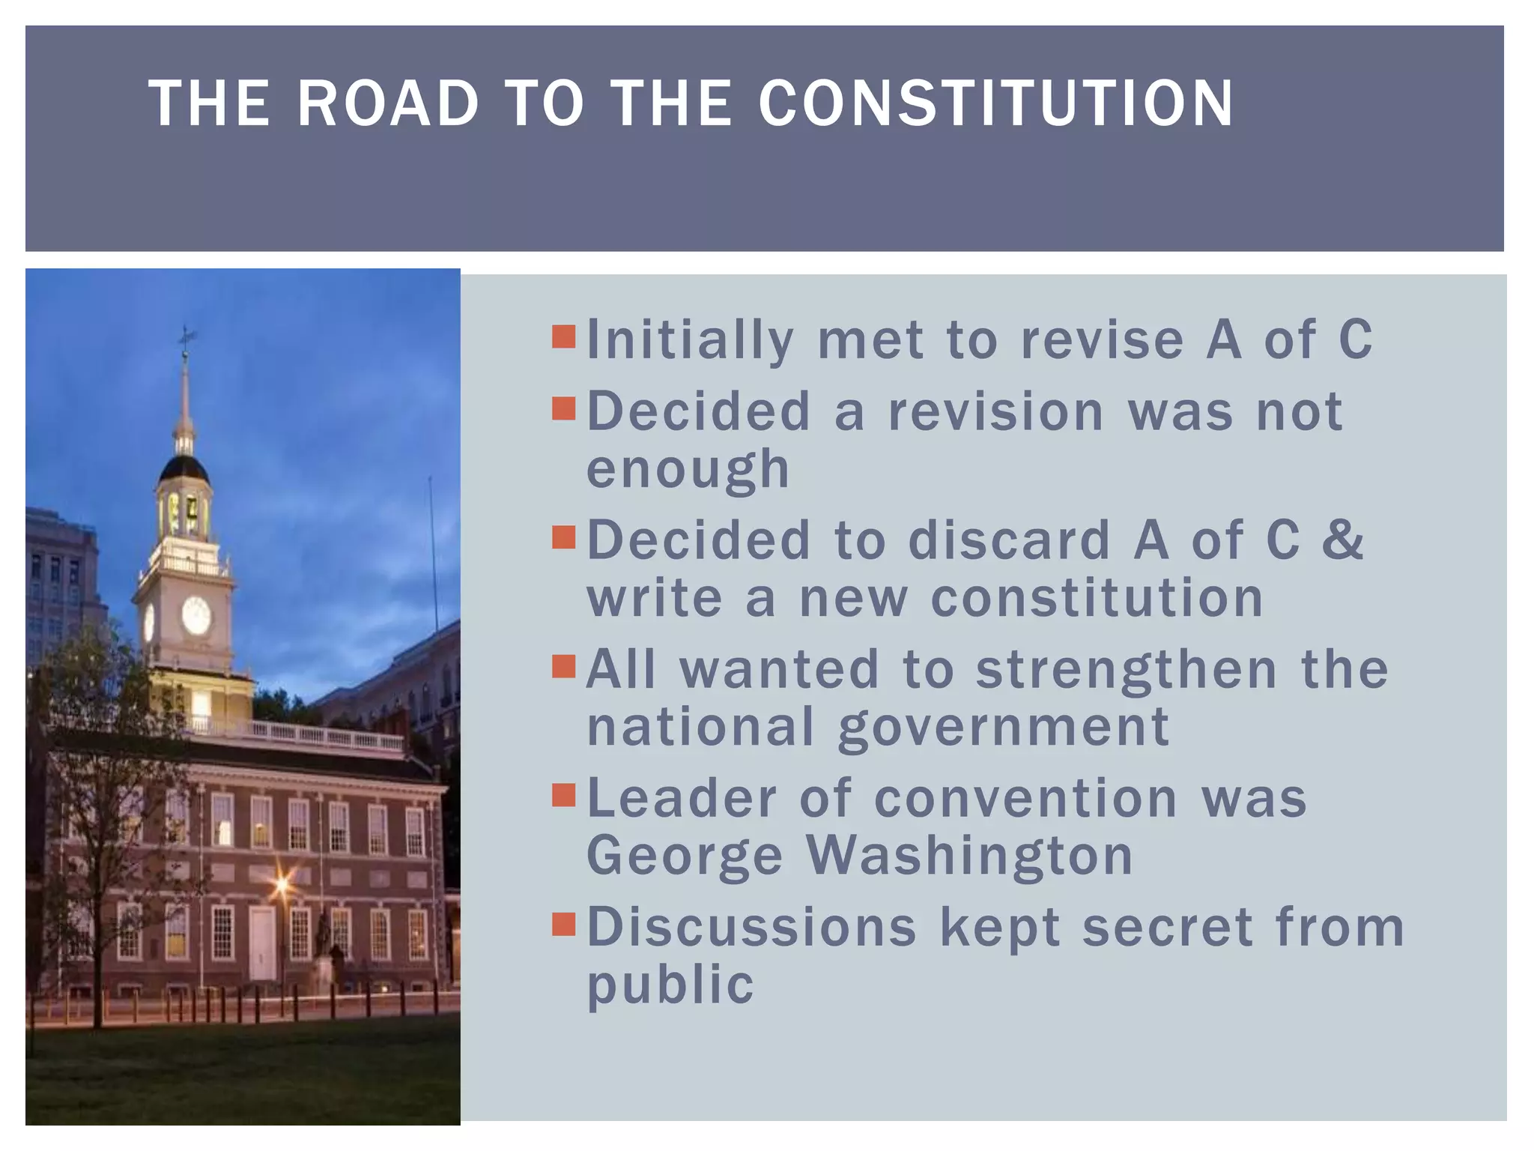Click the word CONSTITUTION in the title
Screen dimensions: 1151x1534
[995, 103]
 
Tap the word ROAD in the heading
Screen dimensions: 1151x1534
[387, 103]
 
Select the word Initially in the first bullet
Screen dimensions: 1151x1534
[689, 340]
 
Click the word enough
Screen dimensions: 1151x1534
[688, 470]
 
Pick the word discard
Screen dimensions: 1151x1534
[1009, 540]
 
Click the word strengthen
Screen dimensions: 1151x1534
[1127, 669]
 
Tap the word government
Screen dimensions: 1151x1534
[1003, 727]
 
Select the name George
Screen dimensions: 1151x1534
[685, 855]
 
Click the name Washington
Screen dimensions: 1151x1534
[970, 855]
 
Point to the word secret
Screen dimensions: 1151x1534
[1167, 927]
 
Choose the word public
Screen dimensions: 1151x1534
[670, 985]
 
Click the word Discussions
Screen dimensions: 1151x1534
[751, 927]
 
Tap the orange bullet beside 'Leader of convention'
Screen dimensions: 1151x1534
[563, 794]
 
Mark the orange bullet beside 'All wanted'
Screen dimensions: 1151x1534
[563, 665]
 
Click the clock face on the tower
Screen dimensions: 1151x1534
[196, 614]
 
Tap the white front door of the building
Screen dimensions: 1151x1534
[262, 943]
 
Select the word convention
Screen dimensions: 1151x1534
[1025, 798]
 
